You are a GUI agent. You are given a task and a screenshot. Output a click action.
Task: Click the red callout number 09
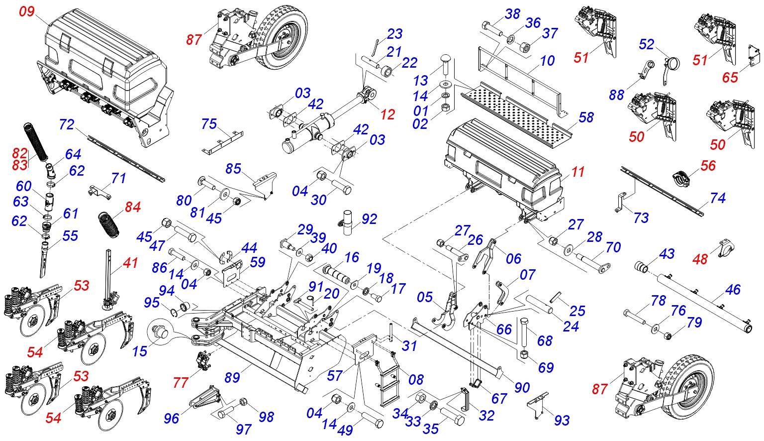(27, 11)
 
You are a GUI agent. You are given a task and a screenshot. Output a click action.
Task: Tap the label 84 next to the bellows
(133, 207)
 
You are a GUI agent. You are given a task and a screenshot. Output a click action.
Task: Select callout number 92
(369, 219)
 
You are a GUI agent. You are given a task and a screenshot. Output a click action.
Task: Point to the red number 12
(387, 114)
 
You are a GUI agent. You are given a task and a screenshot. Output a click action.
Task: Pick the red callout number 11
(577, 172)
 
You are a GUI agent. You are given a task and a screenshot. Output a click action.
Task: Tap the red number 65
(730, 77)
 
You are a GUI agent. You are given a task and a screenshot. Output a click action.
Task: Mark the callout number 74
(718, 198)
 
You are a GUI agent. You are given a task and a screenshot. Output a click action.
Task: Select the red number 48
(700, 259)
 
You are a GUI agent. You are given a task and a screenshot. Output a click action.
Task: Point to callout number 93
(562, 421)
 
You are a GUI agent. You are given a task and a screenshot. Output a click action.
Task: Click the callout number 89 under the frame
(232, 378)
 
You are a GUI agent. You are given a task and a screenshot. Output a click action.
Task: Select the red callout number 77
(181, 382)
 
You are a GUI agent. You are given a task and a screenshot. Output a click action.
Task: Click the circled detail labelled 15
(160, 331)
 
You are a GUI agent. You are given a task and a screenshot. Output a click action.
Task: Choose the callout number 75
(209, 123)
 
